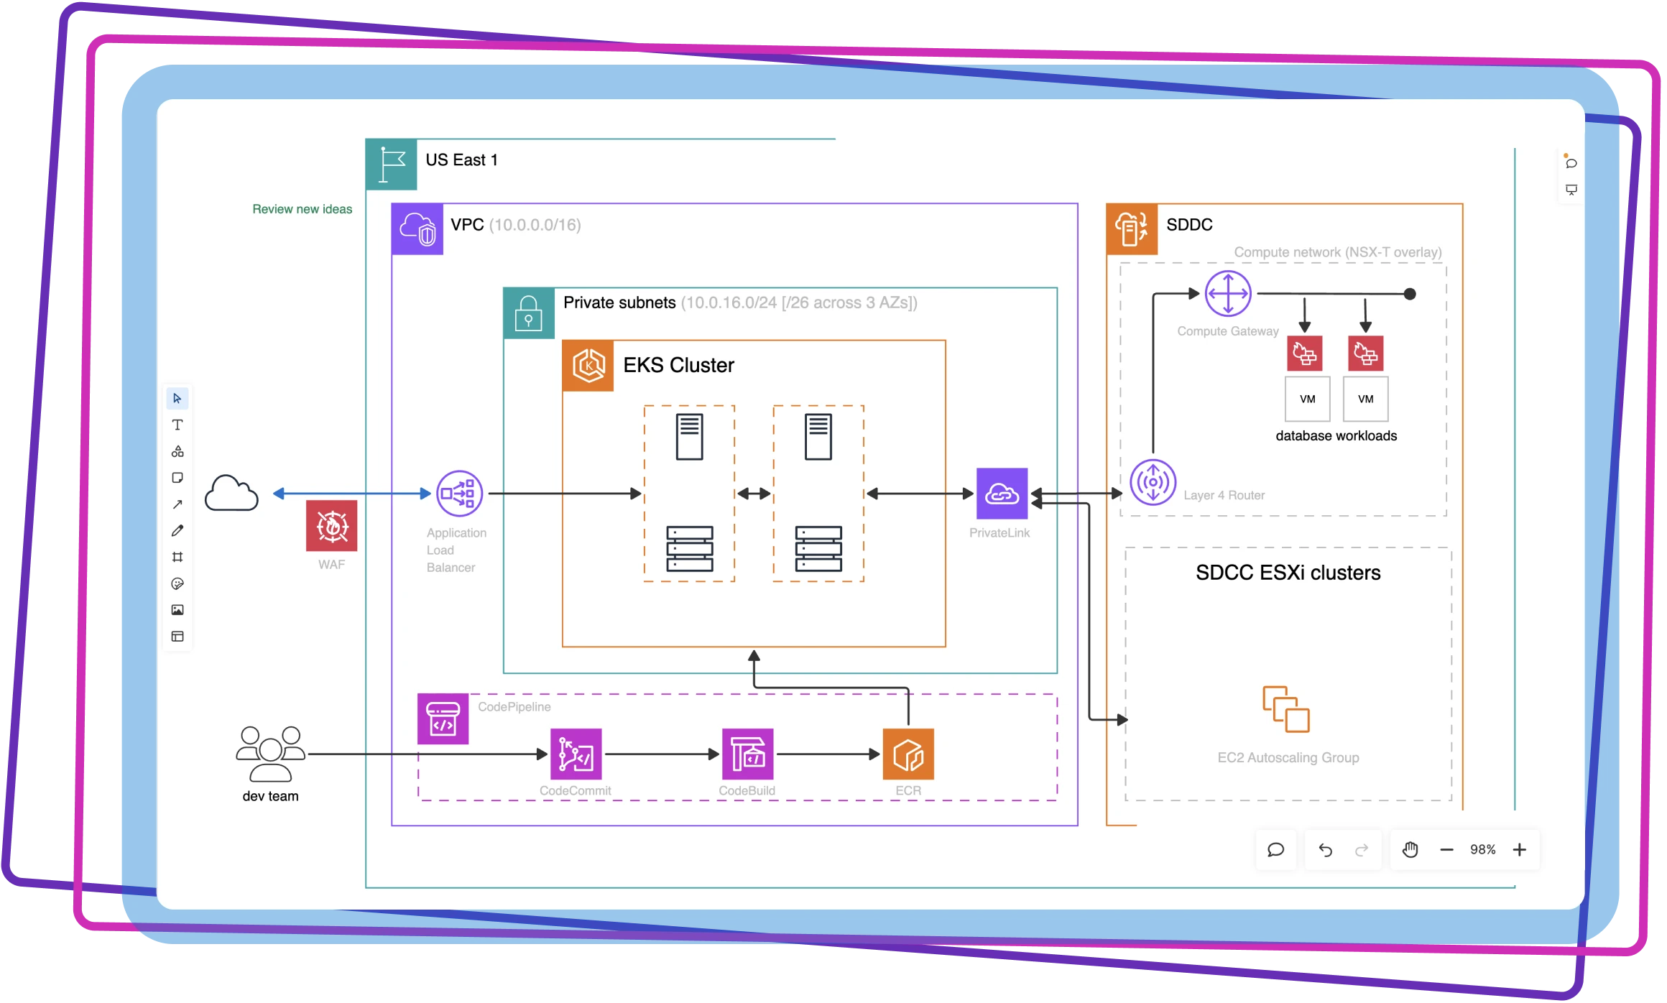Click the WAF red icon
tap(331, 525)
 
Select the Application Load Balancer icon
tap(459, 494)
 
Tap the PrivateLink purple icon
tap(1002, 494)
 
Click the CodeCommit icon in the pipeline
tap(576, 754)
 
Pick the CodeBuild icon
tap(747, 754)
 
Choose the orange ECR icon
tap(908, 754)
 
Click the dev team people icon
tap(271, 754)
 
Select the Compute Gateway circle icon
tap(1228, 294)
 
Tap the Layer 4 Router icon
tap(1153, 482)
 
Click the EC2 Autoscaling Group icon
tap(1286, 709)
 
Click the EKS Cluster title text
tap(678, 365)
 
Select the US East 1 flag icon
tap(392, 165)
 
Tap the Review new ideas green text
tap(302, 209)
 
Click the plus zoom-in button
tap(1519, 850)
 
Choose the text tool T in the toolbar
tap(177, 425)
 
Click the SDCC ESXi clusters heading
tap(1288, 573)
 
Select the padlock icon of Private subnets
tap(529, 313)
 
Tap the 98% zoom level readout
tap(1482, 850)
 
